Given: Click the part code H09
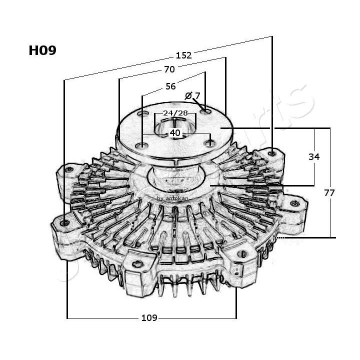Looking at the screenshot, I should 42,50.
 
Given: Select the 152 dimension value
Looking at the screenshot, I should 183,55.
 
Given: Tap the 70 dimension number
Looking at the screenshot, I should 169,69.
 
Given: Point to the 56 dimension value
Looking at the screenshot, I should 170,86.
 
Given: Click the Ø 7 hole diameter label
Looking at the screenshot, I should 192,95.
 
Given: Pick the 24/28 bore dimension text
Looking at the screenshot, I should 175,113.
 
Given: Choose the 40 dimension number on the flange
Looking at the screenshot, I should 175,133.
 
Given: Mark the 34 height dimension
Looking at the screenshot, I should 313,156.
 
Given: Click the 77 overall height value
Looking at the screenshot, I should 329,192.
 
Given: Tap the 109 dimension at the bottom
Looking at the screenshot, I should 149,317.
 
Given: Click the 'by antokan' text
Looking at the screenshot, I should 172,198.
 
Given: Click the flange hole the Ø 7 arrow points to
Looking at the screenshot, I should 205,112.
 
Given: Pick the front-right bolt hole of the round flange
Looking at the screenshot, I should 210,143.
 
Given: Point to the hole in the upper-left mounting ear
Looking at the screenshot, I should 69,169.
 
